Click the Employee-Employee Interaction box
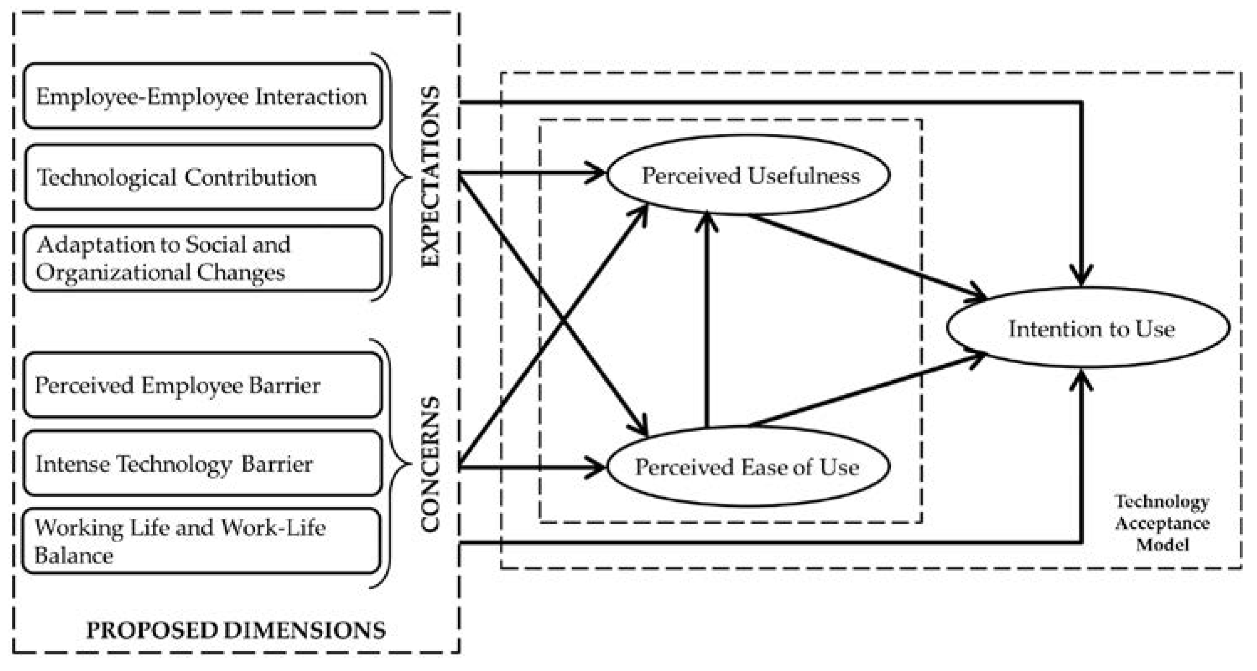pos(203,96)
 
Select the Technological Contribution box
pos(203,177)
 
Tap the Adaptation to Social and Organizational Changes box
pos(203,258)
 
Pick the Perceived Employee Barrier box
pos(203,385)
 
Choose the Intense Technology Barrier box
pos(203,463)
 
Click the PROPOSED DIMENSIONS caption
pos(236,630)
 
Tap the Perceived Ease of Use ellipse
pos(748,467)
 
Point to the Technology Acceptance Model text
pos(1162,523)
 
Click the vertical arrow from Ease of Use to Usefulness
pos(707,322)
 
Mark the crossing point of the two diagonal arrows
pos(563,322)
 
